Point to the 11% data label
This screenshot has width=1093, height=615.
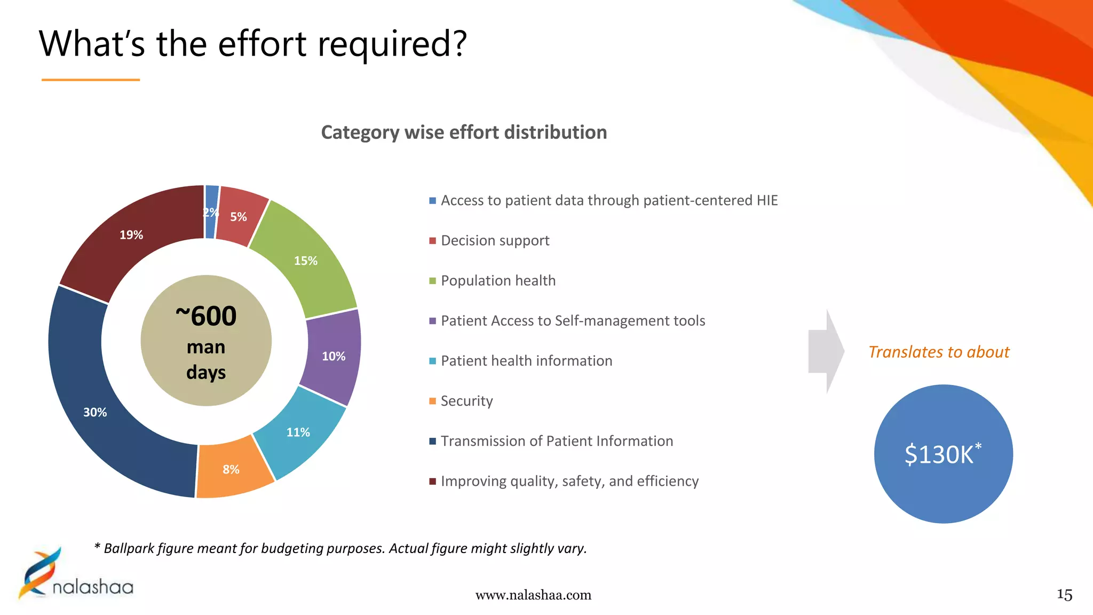298,432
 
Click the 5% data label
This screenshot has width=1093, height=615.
239,217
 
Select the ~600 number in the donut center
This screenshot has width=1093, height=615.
206,316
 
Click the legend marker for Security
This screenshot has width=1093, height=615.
433,401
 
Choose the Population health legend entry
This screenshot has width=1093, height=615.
498,281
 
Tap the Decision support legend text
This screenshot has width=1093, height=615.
495,241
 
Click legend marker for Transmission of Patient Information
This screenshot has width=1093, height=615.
433,441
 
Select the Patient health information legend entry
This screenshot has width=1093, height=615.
526,361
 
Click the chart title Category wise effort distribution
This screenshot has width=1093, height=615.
464,132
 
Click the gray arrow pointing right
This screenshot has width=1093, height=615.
826,351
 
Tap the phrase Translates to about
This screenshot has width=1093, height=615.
939,352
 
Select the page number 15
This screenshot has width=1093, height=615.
1064,595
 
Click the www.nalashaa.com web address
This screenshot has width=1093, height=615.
533,595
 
